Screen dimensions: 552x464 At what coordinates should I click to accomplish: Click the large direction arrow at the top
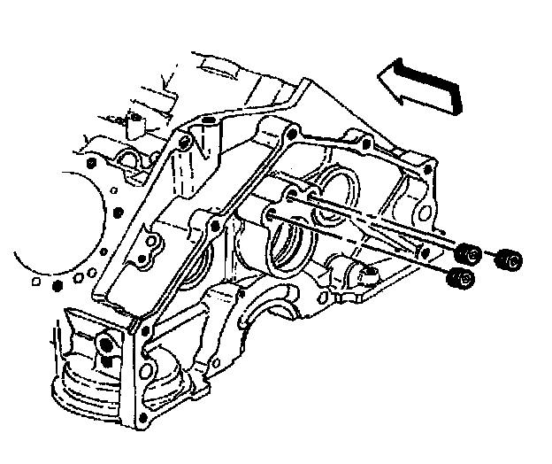[423, 84]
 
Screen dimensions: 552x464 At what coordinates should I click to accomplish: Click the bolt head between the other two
[471, 254]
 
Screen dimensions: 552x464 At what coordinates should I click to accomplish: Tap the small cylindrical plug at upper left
[135, 121]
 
